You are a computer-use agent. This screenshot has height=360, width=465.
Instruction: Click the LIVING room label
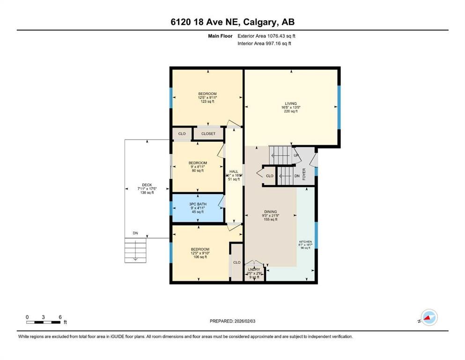(x=291, y=104)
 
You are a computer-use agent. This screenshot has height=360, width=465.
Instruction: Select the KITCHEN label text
(x=305, y=242)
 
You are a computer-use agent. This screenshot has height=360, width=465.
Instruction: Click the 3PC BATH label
(x=198, y=204)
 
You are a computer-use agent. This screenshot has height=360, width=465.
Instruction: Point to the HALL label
(x=234, y=172)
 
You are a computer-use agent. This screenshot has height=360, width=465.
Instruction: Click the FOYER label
(x=304, y=174)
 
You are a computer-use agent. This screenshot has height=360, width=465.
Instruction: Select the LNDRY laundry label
(x=254, y=270)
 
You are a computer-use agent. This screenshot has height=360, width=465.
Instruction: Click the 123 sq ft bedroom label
(x=207, y=94)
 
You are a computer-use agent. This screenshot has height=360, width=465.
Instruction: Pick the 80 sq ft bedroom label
(x=198, y=163)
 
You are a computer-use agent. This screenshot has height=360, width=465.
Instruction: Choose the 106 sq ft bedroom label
(x=199, y=249)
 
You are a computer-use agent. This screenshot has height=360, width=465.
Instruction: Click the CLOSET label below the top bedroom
(x=208, y=134)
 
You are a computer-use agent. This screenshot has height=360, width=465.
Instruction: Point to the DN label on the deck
(x=135, y=233)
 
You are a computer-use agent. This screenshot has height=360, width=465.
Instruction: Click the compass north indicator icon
(x=428, y=318)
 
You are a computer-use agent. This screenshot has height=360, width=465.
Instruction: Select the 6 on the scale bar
(x=60, y=317)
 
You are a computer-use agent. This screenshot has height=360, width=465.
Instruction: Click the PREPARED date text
(x=233, y=321)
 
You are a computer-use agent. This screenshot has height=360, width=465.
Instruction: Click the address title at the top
(x=232, y=22)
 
